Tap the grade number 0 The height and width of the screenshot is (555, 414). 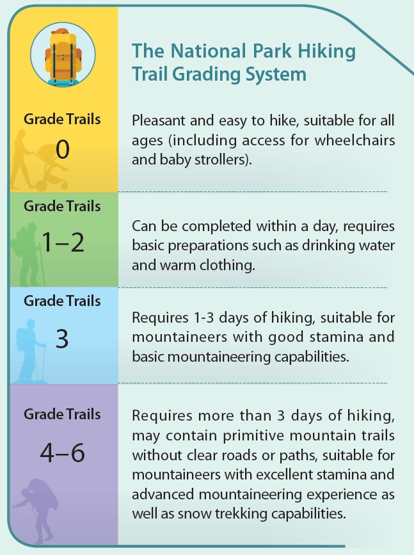click(x=62, y=149)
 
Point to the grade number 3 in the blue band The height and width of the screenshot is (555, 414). click(x=62, y=339)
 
